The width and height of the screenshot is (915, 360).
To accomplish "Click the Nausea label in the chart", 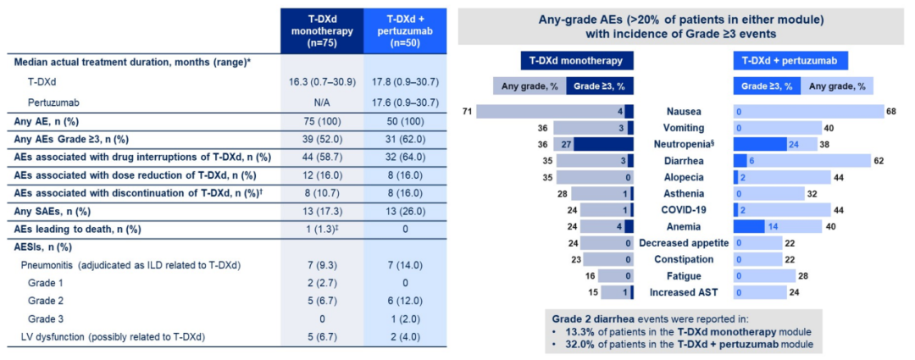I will pos(682,112).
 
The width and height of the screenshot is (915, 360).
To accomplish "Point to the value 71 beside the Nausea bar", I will pos(467,112).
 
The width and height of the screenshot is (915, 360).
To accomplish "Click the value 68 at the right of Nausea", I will pos(891,112).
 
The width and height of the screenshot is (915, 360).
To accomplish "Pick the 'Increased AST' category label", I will pos(682,292).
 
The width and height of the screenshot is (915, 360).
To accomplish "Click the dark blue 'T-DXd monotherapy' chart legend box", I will pos(576,60).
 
